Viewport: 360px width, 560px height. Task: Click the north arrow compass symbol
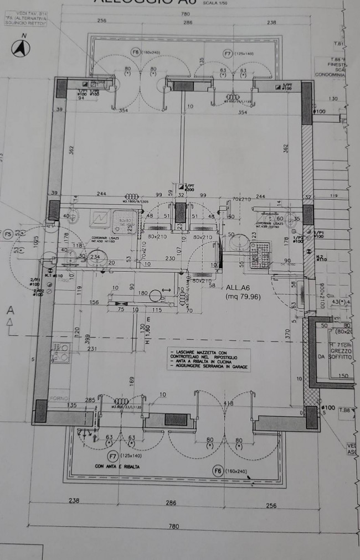(21, 49)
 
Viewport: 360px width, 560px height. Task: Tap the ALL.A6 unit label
(239, 288)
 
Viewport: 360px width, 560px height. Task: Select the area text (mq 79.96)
(242, 296)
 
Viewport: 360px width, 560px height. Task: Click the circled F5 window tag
(8, 235)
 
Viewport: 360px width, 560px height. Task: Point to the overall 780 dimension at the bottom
(174, 526)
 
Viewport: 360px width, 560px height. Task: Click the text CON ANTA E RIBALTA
(117, 466)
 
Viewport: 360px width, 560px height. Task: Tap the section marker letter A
(9, 312)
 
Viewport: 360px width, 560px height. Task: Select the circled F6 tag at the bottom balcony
(219, 471)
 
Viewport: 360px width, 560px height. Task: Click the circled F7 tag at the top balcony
(228, 53)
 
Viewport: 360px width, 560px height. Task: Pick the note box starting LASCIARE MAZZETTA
(209, 360)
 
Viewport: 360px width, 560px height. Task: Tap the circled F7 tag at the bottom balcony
(113, 457)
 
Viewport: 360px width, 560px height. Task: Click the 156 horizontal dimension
(94, 302)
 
